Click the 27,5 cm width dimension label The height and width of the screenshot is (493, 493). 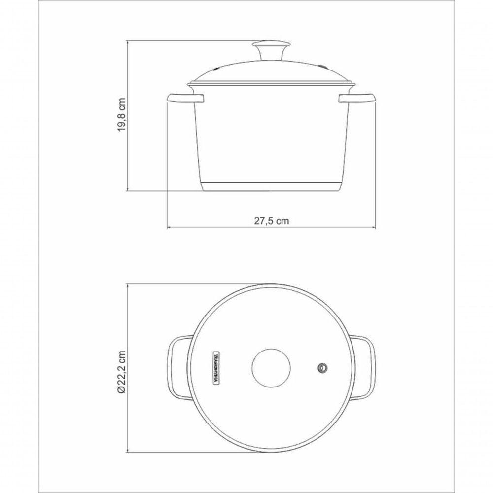click(x=272, y=221)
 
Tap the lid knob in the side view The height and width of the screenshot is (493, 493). click(x=271, y=49)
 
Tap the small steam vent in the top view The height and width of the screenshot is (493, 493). click(x=323, y=368)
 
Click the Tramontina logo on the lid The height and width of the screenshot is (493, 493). click(x=216, y=368)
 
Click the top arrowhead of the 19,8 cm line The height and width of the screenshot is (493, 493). click(x=129, y=43)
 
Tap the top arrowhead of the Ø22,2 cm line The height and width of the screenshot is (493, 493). click(x=129, y=285)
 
